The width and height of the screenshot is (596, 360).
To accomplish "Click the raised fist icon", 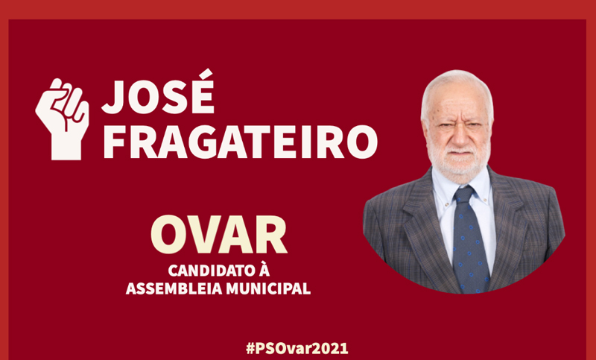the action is tap(63, 119).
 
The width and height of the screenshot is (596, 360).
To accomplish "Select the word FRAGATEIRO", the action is tap(240, 142).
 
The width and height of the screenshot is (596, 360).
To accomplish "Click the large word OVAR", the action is tap(218, 235).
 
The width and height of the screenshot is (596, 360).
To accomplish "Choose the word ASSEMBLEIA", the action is tap(174, 288).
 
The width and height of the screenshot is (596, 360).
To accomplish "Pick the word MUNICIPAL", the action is tap(268, 288).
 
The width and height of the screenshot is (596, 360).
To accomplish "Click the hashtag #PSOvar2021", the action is tap(297, 348).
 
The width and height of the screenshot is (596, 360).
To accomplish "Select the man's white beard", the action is tap(459, 159).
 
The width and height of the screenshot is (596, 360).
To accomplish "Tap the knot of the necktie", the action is tap(464, 194).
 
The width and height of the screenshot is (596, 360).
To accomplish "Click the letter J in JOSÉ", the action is tap(113, 98).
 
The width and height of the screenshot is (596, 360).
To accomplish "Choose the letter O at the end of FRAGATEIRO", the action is tap(362, 142).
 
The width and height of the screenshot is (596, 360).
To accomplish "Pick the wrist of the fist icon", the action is tap(66, 149).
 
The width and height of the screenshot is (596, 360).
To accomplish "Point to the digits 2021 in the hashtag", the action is tap(331, 348).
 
